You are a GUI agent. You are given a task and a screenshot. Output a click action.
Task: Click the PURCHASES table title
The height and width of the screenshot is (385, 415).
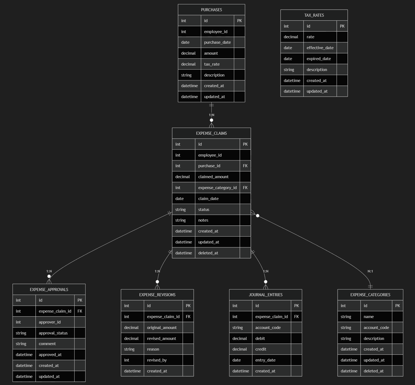(211, 10)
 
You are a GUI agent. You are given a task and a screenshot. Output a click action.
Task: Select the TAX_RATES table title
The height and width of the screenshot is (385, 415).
(314, 15)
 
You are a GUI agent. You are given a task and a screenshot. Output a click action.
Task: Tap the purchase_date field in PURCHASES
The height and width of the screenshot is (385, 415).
(217, 42)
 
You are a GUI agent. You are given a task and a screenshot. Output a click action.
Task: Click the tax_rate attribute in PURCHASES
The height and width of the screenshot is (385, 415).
(212, 64)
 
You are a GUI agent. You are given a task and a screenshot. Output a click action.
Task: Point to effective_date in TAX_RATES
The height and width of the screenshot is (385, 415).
(320, 48)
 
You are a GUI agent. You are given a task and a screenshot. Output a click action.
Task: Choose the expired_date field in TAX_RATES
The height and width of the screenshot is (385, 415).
(319, 59)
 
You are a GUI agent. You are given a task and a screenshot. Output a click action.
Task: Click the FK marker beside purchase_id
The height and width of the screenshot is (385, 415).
(245, 166)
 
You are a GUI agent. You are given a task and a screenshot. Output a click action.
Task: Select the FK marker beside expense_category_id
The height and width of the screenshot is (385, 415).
(245, 188)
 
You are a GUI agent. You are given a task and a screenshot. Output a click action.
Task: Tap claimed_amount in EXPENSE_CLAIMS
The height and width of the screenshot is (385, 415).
(213, 177)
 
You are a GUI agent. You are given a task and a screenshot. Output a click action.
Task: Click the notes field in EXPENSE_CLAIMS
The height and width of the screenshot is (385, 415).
(203, 220)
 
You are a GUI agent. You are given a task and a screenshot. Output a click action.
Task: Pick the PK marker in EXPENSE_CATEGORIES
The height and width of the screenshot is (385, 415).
(398, 306)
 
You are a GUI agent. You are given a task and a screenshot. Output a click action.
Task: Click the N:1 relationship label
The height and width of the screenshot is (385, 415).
(370, 271)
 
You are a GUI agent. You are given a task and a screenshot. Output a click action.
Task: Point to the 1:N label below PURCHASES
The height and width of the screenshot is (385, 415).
(211, 115)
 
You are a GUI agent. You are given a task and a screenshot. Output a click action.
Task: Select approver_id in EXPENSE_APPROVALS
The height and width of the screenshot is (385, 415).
(49, 322)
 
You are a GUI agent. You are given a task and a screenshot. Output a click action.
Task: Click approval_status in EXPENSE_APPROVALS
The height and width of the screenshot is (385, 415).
(53, 333)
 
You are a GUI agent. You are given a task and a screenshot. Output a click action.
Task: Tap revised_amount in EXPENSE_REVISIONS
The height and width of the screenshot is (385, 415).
(161, 339)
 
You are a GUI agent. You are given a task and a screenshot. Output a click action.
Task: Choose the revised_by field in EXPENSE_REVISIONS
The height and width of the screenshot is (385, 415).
(157, 360)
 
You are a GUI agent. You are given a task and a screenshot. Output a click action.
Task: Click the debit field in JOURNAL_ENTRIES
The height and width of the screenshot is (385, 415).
(260, 339)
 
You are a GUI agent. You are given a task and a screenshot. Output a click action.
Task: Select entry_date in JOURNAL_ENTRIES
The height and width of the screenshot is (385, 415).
(265, 360)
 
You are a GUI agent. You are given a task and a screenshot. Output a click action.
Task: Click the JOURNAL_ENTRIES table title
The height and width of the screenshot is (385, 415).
(266, 295)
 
